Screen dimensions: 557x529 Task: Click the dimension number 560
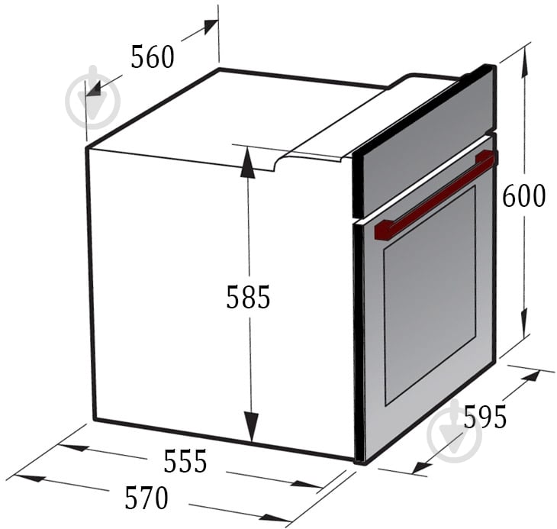click(x=153, y=56)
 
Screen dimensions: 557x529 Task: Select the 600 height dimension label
click(x=523, y=196)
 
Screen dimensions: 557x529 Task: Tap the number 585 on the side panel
click(x=248, y=297)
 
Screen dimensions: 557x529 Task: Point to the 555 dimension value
click(x=185, y=461)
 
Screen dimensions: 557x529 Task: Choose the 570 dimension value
click(x=146, y=498)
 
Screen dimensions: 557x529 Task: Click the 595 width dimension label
click(x=485, y=417)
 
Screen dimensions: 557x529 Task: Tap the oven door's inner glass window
click(x=430, y=295)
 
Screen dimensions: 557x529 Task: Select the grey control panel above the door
click(x=423, y=142)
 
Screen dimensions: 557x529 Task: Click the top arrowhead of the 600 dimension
click(x=524, y=62)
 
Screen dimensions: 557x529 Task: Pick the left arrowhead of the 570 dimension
click(x=31, y=478)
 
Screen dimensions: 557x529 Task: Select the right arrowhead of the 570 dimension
click(x=276, y=518)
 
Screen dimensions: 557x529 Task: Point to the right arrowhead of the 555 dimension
click(x=307, y=485)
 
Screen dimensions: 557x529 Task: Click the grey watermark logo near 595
click(x=454, y=431)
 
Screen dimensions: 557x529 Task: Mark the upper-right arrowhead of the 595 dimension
click(x=531, y=376)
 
